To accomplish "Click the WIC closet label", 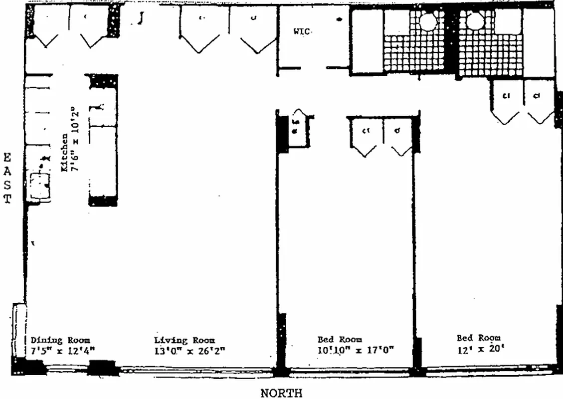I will pos(302,31).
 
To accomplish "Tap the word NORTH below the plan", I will pos(281,393).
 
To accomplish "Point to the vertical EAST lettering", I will pos(7,179).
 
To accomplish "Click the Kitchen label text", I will pos(65,153).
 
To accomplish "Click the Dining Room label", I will pos(61,340).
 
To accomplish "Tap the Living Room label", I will pos(185,340).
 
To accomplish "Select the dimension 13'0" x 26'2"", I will pos(189,350).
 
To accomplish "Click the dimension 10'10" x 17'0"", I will pos(356,350).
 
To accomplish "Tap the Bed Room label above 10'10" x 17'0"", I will pos(340,340).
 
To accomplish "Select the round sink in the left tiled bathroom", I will pos(428,21).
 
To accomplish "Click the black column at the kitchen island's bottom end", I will pos(103,201).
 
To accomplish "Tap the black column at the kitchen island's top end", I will pos(103,80).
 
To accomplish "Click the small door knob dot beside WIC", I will pos(339,20).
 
